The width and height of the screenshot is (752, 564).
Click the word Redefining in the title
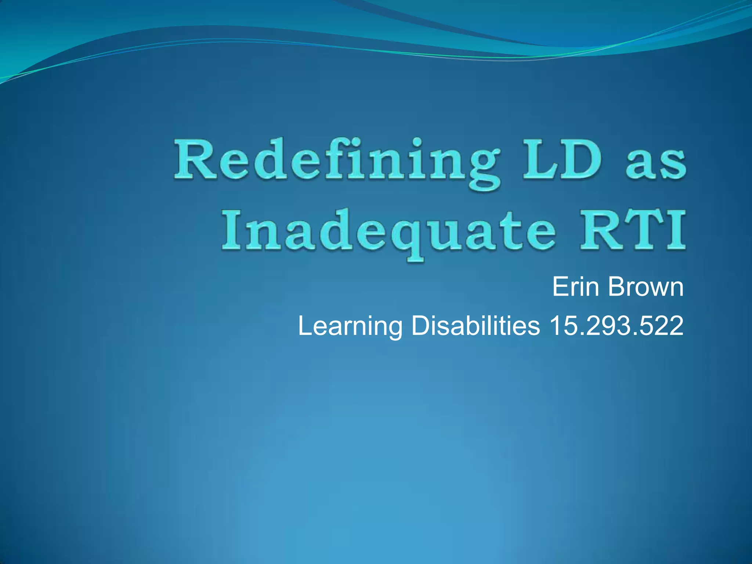point(336,162)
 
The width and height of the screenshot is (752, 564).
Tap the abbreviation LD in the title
point(562,160)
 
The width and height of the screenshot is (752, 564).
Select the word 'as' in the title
point(655,165)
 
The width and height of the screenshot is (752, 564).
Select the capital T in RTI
point(643,229)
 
